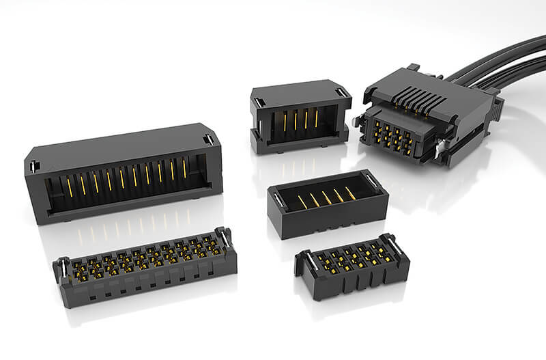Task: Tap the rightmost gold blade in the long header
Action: pos(184,166)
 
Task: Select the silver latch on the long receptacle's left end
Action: pos(62,266)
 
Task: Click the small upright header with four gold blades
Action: pos(299,116)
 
